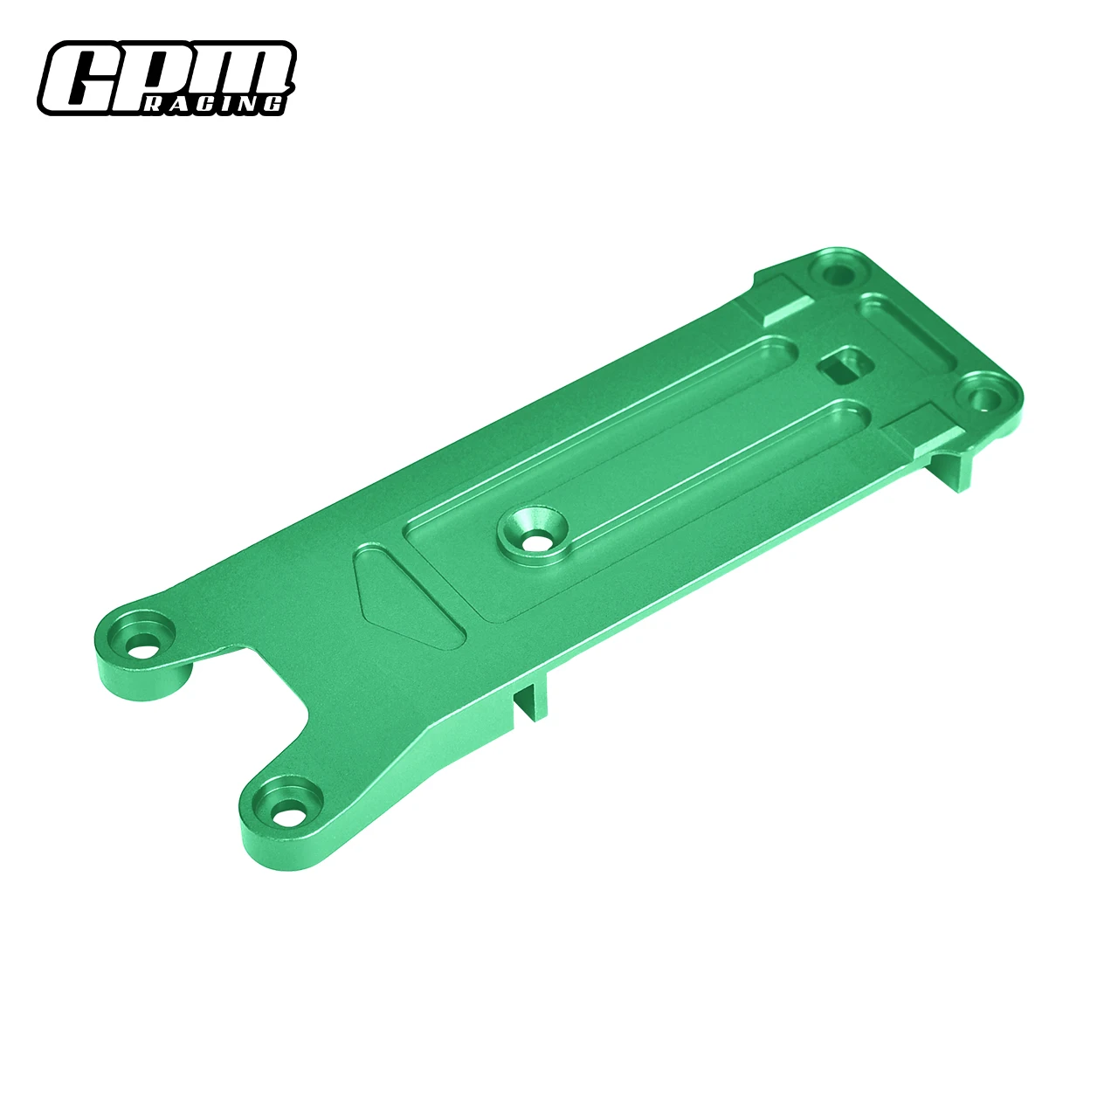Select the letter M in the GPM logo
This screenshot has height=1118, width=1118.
coord(240,70)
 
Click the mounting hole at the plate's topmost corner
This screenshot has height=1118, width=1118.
coord(837,272)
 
